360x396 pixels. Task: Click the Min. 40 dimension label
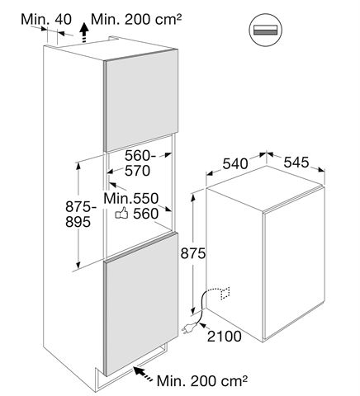(46, 19)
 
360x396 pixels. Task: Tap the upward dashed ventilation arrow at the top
(84, 33)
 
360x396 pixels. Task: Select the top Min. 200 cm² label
(136, 19)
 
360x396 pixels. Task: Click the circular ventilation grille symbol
(266, 30)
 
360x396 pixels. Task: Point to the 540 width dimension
(235, 164)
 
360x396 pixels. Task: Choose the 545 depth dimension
(296, 163)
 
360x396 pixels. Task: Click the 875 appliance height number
(193, 253)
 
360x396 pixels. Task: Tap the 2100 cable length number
(225, 336)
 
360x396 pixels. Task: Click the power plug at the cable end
(188, 328)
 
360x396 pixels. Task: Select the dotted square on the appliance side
(225, 293)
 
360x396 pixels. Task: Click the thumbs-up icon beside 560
(121, 213)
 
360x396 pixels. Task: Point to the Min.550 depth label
(131, 198)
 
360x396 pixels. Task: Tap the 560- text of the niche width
(140, 156)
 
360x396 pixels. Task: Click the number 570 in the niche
(138, 171)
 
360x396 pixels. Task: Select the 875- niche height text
(81, 206)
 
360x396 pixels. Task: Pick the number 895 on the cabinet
(78, 221)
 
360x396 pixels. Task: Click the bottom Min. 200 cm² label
(202, 380)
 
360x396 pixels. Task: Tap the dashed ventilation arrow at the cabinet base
(144, 374)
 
